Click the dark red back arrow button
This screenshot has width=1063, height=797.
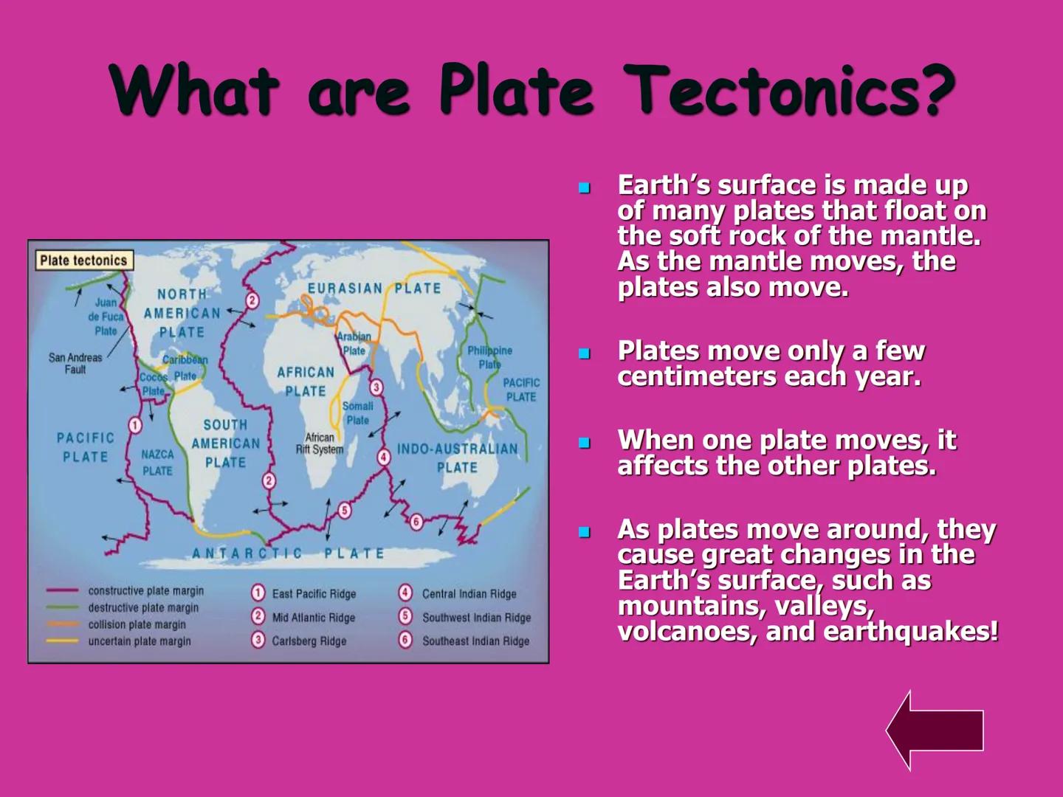click(x=936, y=731)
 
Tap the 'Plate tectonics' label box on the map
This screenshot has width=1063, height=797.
click(x=83, y=261)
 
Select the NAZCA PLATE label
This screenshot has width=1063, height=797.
click(x=157, y=463)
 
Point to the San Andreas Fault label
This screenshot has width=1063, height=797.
click(x=75, y=363)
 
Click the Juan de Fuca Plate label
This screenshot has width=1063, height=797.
click(x=106, y=317)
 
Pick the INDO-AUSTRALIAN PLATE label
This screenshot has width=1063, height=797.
click(x=457, y=458)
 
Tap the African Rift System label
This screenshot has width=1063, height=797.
click(x=320, y=444)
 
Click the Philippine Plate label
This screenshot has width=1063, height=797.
click(x=489, y=357)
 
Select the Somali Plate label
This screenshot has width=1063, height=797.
click(x=357, y=413)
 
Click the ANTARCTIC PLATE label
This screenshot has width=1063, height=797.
click(x=288, y=553)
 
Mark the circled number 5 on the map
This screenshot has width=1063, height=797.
click(x=344, y=511)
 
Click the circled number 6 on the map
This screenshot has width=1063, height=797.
click(x=416, y=522)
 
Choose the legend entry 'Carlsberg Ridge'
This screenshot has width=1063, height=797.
click(x=309, y=641)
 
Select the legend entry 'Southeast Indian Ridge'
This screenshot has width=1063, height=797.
click(x=475, y=641)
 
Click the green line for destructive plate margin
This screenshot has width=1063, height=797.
click(x=63, y=608)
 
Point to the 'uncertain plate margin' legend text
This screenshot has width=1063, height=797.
click(x=140, y=641)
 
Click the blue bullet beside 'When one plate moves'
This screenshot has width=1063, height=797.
click(x=585, y=444)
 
